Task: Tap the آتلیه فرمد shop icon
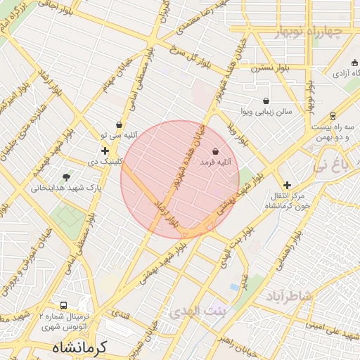(214, 151)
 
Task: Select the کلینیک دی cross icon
(105, 150)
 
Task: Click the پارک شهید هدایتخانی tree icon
(67, 177)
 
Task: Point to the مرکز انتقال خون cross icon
(287, 184)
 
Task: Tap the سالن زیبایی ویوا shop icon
(265, 101)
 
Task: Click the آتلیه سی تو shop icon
(119, 124)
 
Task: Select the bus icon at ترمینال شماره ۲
(64, 306)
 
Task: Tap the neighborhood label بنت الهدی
(199, 311)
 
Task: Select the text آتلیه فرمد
(215, 162)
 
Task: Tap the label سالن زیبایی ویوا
(264, 112)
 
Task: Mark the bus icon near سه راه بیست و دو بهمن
(333, 116)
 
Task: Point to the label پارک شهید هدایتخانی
(69, 188)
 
